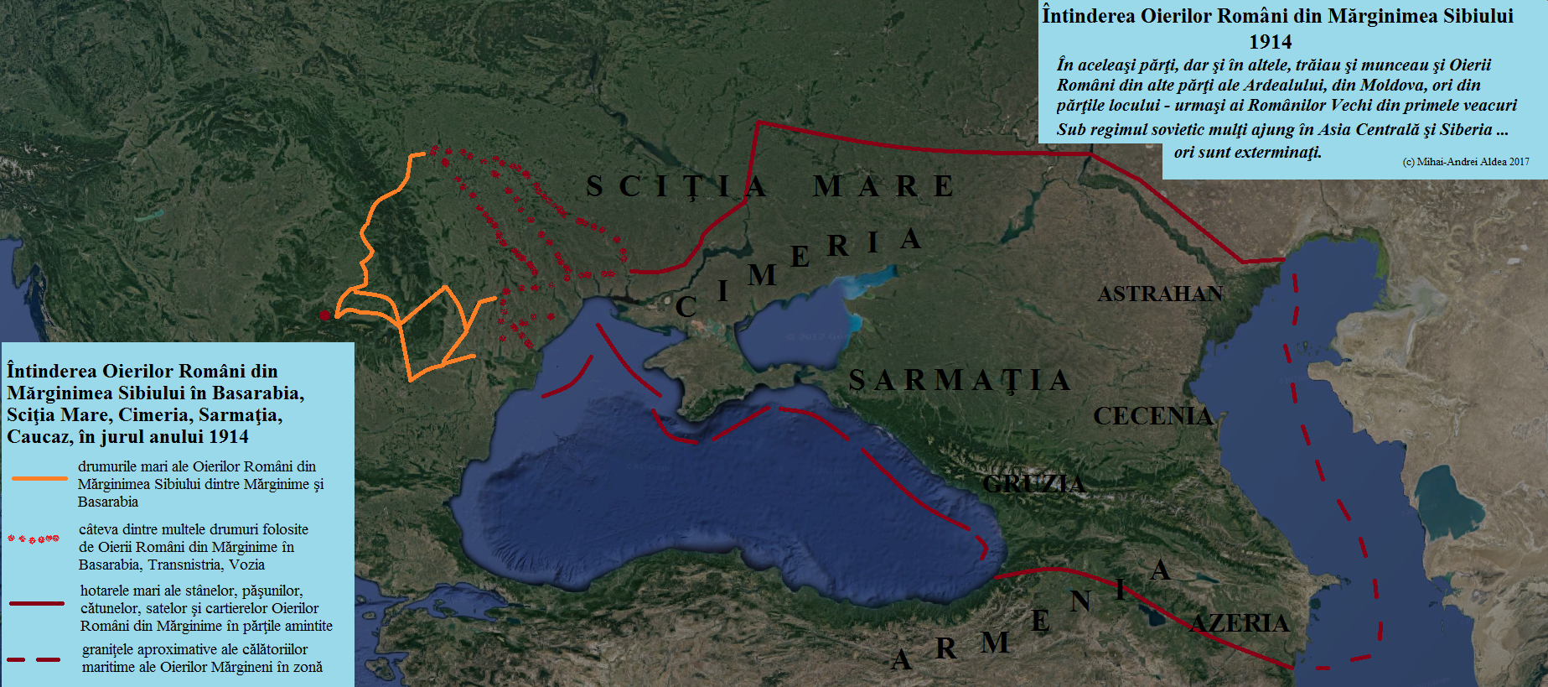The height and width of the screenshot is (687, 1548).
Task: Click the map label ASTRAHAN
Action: pos(1160,294)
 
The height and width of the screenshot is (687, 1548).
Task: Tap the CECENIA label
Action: pos(1152,416)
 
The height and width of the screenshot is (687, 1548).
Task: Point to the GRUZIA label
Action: pos(1033,484)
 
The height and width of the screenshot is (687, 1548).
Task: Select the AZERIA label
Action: pos(1240,623)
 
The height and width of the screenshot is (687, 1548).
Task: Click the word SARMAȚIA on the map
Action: pos(960,380)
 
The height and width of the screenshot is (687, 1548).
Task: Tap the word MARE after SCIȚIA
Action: pos(883,186)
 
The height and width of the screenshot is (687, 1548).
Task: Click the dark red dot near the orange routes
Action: pos(324,315)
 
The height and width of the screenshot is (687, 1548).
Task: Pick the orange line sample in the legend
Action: pos(39,478)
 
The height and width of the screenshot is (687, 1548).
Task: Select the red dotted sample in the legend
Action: pos(34,539)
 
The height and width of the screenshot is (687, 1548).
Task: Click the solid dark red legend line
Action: pos(37,603)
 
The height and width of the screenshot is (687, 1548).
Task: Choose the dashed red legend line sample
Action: pos(34,660)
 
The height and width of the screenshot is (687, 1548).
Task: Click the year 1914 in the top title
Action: pos(1270,42)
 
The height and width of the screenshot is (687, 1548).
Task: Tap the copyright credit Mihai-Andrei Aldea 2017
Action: pos(1466,162)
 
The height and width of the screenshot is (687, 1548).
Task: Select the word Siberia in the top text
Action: pos(1466,129)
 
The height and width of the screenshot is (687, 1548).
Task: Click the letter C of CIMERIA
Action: pos(686,307)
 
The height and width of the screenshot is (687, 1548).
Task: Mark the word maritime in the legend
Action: pos(109,667)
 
